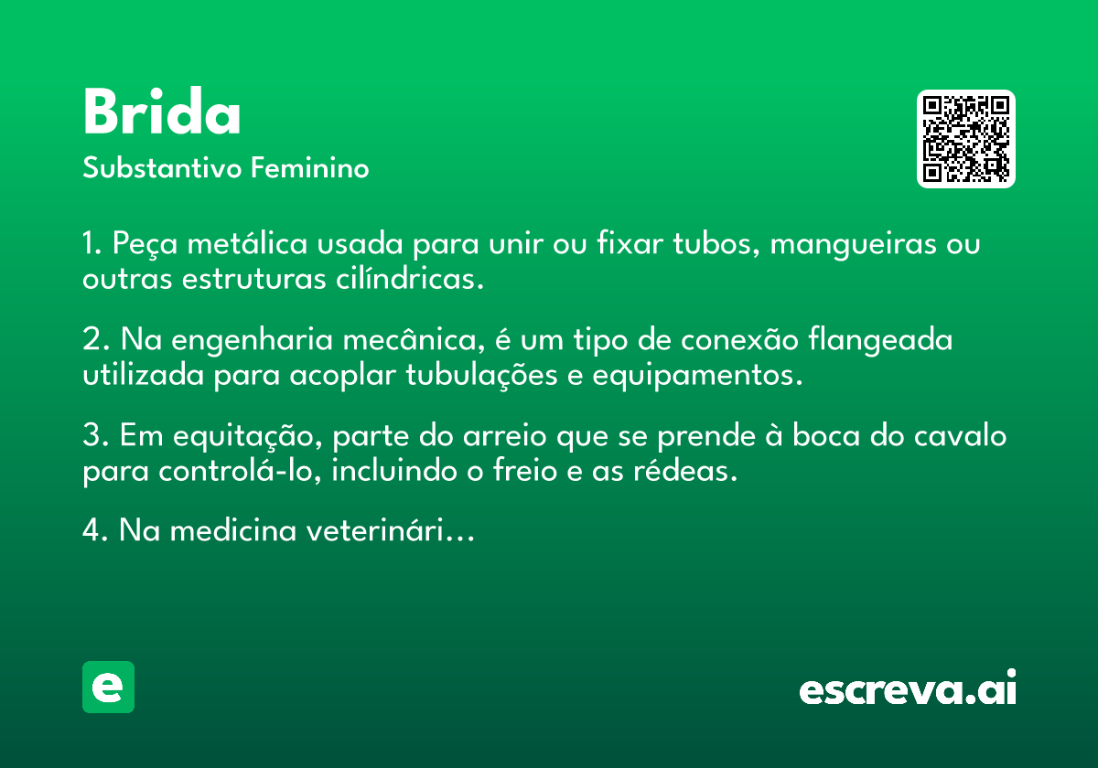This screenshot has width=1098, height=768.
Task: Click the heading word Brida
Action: coord(162,114)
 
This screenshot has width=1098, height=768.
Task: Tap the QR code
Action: coord(965,139)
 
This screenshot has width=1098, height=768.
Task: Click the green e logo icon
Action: coord(108,687)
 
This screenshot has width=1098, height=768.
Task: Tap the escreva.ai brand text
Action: coord(908,689)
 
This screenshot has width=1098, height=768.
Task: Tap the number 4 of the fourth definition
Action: coord(90,531)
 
